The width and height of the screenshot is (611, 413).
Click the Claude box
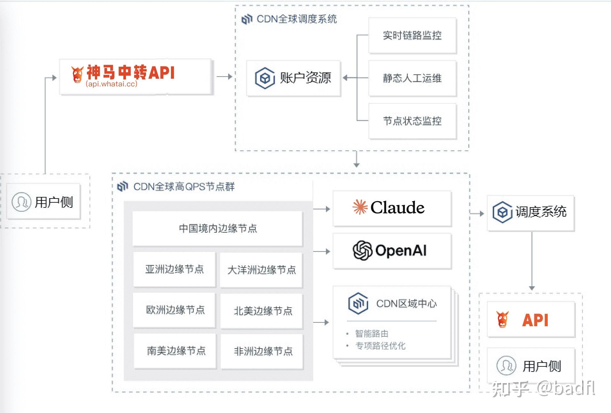[392, 208]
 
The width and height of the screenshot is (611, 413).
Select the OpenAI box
[392, 251]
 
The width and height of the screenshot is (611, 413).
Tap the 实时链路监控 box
[412, 35]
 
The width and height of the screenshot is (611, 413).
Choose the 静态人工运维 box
[412, 78]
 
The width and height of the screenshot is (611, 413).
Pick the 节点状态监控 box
[412, 121]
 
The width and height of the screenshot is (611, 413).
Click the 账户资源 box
[293, 78]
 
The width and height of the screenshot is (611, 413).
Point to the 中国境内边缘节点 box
[218, 229]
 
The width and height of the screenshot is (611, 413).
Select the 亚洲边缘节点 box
[174, 269]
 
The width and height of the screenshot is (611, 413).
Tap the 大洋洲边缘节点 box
[261, 270]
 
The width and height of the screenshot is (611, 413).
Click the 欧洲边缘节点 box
[174, 310]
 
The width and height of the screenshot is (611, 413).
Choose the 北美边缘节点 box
[262, 311]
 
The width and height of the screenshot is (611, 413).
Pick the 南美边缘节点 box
[175, 351]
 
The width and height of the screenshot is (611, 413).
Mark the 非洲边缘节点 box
[262, 351]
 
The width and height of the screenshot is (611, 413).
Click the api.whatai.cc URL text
[112, 84]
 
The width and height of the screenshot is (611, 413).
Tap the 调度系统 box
[530, 213]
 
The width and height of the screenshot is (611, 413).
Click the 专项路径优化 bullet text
[380, 346]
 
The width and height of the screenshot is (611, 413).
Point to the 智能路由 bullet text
[372, 334]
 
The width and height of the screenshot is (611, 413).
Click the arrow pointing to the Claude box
[322, 209]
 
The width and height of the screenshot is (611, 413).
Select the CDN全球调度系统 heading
[296, 19]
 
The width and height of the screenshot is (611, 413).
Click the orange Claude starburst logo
[360, 207]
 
